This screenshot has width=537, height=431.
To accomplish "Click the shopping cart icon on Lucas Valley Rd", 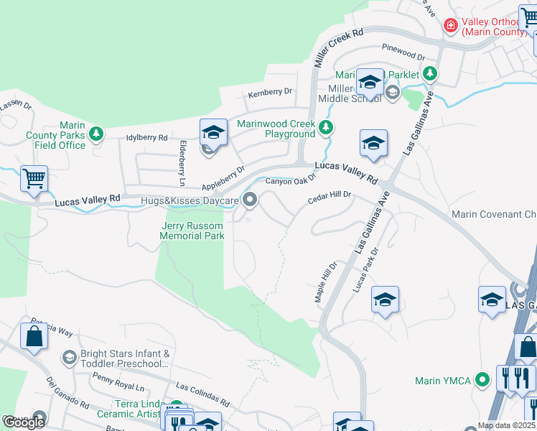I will point(34,178).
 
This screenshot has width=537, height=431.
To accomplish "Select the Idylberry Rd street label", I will point(146,137).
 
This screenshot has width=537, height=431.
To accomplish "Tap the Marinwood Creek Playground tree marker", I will point(326,128).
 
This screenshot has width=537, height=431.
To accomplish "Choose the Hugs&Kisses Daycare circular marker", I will point(250,200).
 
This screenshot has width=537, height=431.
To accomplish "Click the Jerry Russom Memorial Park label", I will point(192,231).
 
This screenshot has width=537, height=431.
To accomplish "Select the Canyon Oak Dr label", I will point(291,181).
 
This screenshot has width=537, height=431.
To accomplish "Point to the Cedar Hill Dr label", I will point(330,195).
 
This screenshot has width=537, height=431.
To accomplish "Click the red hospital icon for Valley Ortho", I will point(450,26).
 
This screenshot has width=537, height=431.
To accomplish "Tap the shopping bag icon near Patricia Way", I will point(34,335).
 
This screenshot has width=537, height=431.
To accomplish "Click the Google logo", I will point(24,422).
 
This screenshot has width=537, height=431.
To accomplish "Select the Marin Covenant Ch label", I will point(493,214).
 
